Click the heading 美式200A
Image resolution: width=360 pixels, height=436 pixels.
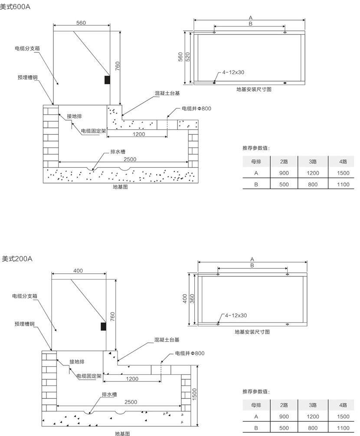point(17,259)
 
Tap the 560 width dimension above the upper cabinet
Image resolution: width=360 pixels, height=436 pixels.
point(81,23)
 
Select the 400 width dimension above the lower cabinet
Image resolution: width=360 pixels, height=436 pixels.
point(78,271)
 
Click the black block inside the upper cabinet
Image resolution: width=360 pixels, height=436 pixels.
point(107,80)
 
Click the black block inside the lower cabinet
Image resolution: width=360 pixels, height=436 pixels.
point(103,326)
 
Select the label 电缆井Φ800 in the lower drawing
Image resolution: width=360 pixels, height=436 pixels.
point(190,353)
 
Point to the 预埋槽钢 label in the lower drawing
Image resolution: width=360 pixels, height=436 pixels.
point(24,324)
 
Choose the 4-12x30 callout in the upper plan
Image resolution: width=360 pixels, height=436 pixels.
point(233,72)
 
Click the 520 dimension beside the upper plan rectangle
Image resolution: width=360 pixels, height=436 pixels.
point(188,57)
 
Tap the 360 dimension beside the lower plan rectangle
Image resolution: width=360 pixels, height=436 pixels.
point(192,299)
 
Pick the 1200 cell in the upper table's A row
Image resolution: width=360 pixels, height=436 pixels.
point(313,173)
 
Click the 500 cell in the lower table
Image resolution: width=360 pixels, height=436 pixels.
point(284,428)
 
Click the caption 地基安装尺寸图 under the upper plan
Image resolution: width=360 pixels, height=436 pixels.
point(254,90)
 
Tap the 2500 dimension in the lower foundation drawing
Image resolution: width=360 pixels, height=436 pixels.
point(131,402)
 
